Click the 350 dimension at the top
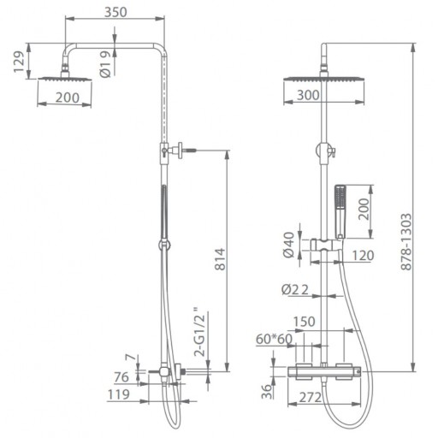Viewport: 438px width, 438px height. [x=115, y=12]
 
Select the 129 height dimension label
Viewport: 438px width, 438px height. [x=20, y=62]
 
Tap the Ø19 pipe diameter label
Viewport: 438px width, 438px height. [x=105, y=64]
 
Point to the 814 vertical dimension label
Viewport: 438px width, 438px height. [x=220, y=259]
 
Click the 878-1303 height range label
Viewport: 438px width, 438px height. [x=406, y=241]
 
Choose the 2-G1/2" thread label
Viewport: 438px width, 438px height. [x=199, y=332]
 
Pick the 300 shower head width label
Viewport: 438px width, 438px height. [x=308, y=95]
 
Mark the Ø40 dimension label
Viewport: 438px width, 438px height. [x=288, y=245]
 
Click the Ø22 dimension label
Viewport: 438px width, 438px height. [x=295, y=290]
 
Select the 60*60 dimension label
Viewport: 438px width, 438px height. [x=274, y=339]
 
